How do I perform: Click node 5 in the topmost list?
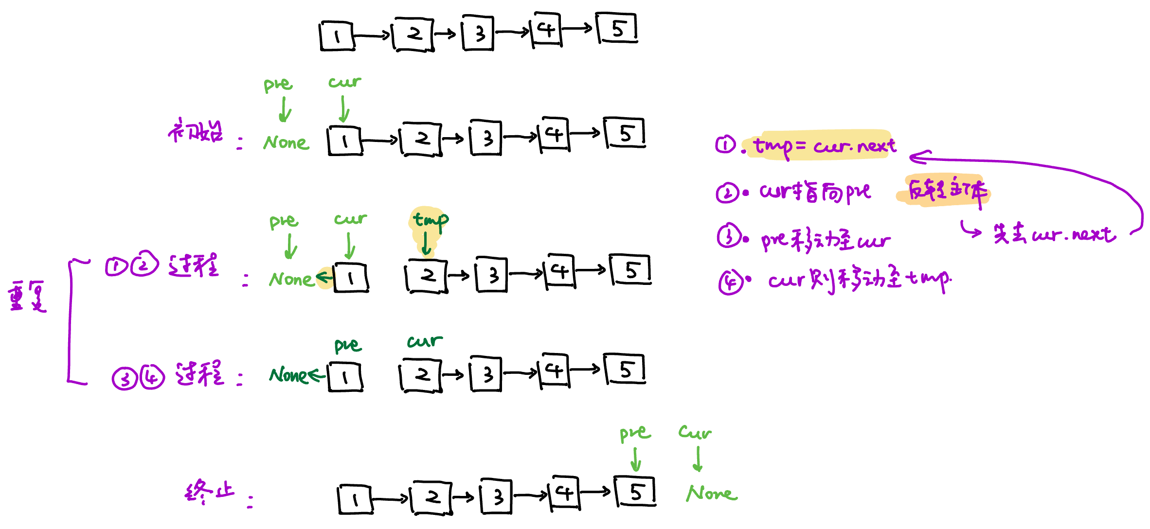617,29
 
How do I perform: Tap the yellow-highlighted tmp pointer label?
430,220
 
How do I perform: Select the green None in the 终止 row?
711,494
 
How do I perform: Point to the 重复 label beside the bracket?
27,296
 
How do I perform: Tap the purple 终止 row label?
210,492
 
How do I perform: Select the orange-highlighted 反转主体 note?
947,191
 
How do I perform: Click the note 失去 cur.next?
1054,234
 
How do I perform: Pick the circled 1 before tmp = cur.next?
725,144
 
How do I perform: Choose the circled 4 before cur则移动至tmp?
730,282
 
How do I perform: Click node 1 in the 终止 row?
355,499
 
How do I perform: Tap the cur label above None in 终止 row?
695,432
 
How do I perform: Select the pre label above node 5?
634,433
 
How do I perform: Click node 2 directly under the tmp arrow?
426,276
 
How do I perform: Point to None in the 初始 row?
286,142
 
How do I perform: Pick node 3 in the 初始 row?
486,138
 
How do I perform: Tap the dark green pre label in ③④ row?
347,345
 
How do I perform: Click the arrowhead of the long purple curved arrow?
915,157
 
